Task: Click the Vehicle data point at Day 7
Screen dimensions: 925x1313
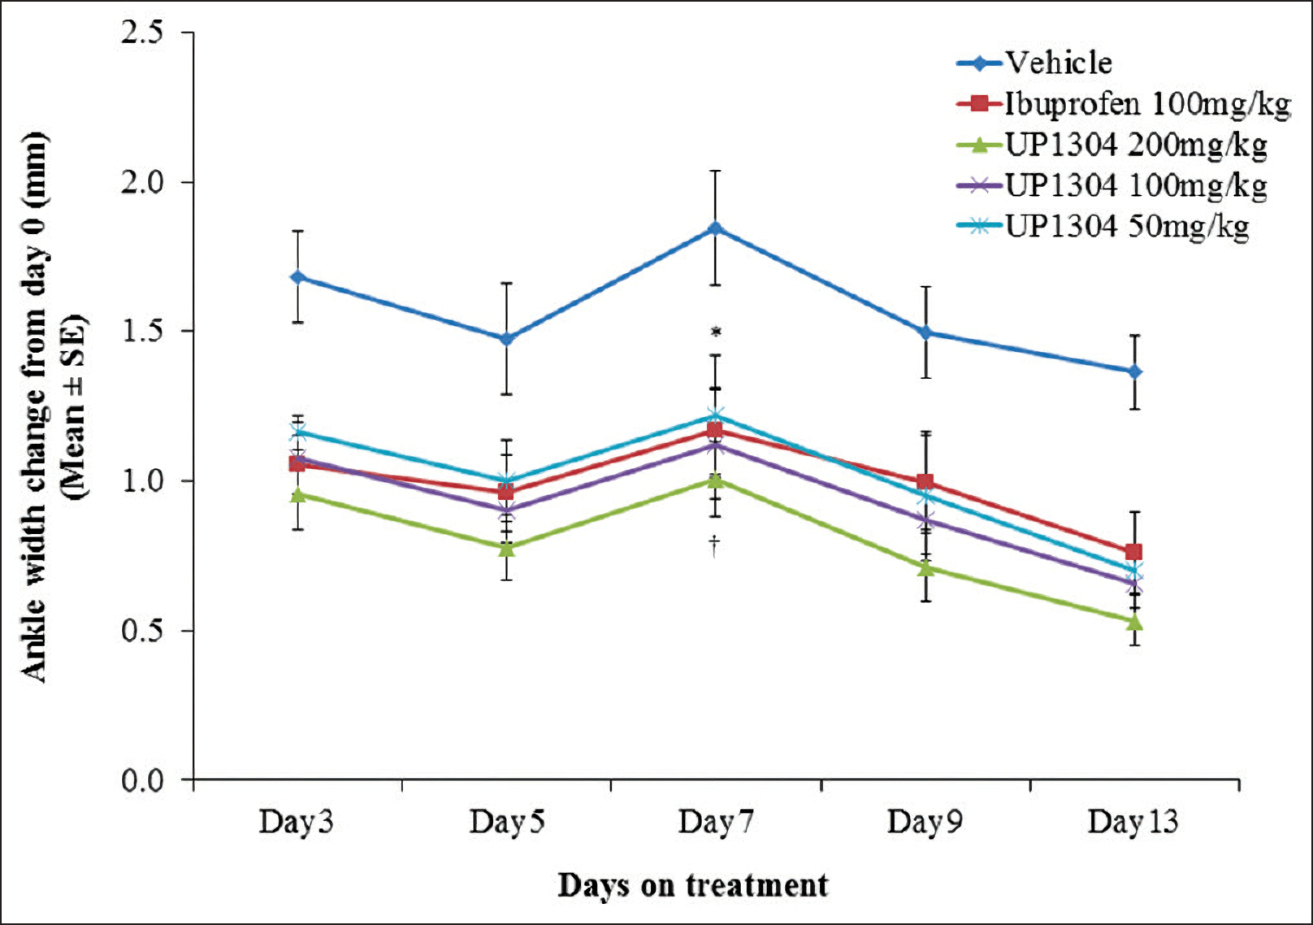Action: click(715, 228)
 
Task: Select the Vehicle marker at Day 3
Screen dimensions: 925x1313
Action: click(297, 277)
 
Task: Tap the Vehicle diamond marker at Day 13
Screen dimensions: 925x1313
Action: click(1134, 371)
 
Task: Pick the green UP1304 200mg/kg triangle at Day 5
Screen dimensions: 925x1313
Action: click(506, 549)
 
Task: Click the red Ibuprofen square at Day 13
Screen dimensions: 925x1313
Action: click(1134, 552)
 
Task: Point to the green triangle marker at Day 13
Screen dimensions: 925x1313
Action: click(1135, 623)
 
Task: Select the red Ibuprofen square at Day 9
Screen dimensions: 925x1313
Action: click(925, 482)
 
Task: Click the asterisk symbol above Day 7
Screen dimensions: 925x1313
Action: click(716, 332)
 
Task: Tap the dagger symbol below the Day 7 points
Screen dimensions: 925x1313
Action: click(714, 544)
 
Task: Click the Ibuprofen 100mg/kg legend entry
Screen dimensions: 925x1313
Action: click(1146, 103)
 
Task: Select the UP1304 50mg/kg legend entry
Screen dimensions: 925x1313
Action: click(1126, 226)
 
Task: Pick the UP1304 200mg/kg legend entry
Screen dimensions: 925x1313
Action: click(1135, 145)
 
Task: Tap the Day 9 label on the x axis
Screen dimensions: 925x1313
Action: click(924, 821)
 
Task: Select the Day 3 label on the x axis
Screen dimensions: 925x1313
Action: click(296, 821)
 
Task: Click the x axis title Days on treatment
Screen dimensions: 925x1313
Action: click(692, 884)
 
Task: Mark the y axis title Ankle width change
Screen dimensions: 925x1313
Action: click(34, 406)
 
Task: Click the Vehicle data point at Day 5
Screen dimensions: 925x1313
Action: click(506, 338)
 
